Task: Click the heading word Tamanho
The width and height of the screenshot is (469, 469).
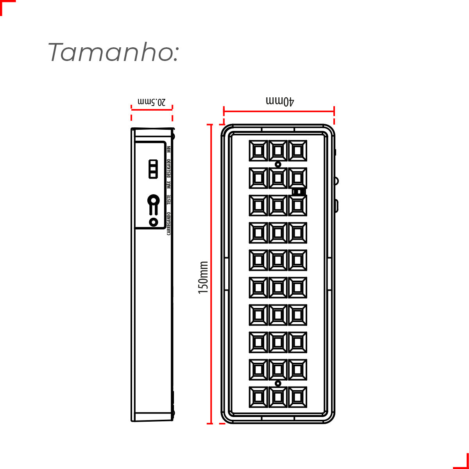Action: point(113,52)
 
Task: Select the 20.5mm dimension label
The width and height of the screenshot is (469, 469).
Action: point(152,102)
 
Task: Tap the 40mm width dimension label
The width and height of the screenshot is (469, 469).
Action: point(280,101)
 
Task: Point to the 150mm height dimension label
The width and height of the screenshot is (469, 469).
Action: point(203,277)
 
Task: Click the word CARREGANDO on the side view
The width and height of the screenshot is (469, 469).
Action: point(169,224)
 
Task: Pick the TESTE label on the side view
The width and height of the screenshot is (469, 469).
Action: point(169,200)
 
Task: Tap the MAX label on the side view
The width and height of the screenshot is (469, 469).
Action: point(169,185)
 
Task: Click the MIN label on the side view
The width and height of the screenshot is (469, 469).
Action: point(169,149)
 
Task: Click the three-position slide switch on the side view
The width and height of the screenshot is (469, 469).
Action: point(153,169)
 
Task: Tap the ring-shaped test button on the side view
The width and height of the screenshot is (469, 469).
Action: point(154,201)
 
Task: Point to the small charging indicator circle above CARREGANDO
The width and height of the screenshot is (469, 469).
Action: point(153,222)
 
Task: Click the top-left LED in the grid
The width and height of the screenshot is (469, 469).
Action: point(258,150)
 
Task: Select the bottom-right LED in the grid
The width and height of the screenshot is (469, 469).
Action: point(297,397)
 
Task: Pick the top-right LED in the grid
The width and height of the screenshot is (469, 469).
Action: point(297,150)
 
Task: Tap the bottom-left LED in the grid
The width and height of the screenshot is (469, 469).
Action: point(258,397)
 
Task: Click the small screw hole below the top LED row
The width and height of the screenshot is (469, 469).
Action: point(278,165)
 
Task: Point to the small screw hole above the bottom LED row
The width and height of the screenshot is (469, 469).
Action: point(278,383)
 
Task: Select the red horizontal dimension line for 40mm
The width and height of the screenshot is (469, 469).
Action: point(279,111)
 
